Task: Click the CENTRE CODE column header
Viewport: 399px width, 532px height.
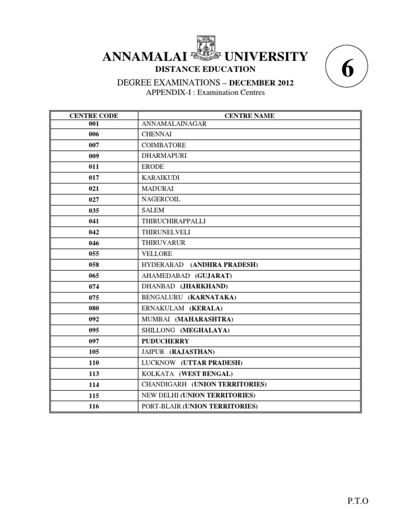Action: point(94,116)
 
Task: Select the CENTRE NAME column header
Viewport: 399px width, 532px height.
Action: point(249,116)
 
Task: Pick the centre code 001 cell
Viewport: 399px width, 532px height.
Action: point(94,124)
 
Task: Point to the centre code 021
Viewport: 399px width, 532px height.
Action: point(94,189)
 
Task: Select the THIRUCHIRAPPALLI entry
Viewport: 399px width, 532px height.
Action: point(174,221)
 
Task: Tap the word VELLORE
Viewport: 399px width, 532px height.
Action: point(156,254)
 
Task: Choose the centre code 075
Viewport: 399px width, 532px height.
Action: point(94,298)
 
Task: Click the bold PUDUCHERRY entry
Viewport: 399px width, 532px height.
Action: point(165,341)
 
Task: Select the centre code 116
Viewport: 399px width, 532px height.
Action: point(94,406)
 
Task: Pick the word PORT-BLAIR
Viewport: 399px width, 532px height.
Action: point(161,406)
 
